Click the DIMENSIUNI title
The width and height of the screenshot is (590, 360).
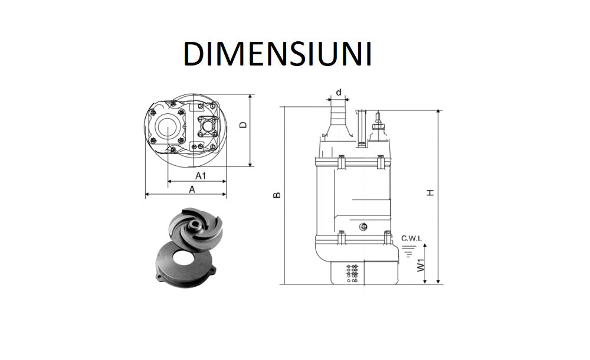[x=277, y=54]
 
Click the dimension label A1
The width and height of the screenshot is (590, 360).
[x=201, y=175]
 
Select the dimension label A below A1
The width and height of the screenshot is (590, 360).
[x=192, y=189]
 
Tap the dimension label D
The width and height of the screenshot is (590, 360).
[x=242, y=125]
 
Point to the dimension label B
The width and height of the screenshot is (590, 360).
[x=277, y=195]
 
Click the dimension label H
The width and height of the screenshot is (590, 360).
[x=431, y=192]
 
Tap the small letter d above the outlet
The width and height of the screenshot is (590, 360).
[x=338, y=92]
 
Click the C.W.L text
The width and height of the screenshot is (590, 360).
[x=411, y=238]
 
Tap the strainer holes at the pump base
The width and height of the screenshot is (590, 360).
[x=352, y=273]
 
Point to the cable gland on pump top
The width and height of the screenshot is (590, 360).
[x=377, y=126]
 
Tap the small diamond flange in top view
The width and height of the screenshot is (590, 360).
[x=207, y=126]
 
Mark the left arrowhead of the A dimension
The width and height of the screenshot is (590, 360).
[x=147, y=194]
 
